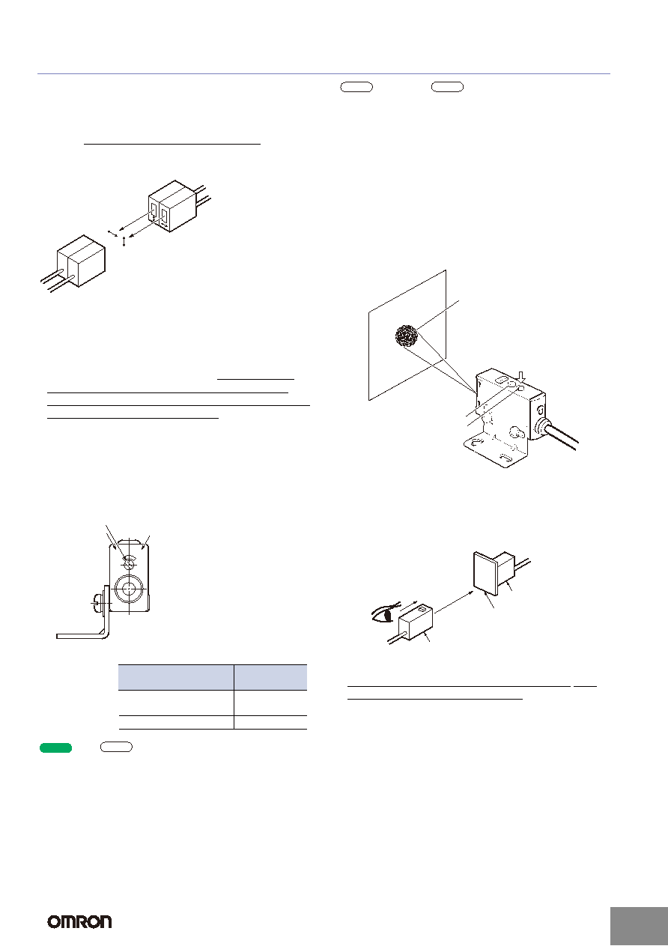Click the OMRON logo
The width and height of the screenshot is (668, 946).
(79, 921)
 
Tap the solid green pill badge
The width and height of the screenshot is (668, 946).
(55, 748)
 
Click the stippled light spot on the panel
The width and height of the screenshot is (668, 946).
(407, 336)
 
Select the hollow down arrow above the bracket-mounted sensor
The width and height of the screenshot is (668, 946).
(522, 378)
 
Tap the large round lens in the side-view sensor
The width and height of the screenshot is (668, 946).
(129, 588)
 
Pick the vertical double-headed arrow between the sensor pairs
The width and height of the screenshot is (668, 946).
(124, 242)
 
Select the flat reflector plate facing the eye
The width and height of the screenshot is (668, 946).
(485, 573)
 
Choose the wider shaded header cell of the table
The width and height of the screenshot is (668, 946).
(176, 677)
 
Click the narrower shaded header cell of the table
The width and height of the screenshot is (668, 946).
(270, 677)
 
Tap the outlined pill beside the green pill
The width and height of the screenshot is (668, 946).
(116, 747)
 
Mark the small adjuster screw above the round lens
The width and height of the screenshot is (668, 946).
(129, 562)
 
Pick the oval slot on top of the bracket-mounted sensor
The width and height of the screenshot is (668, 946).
(501, 380)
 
